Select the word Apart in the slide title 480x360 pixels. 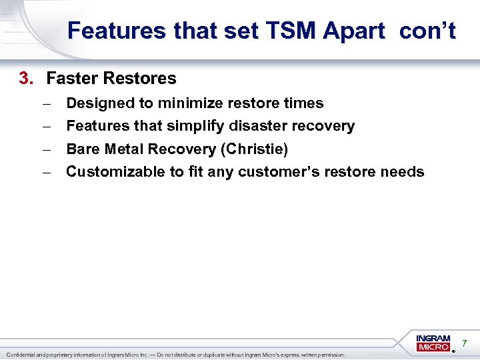[357, 31]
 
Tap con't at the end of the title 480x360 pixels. [428, 31]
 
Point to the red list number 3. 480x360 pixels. [25, 79]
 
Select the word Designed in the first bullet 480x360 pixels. [97, 103]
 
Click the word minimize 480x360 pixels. [191, 103]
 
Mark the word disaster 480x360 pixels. [257, 126]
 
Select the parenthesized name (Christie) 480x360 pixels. [254, 149]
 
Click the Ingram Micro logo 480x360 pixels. [433, 343]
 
